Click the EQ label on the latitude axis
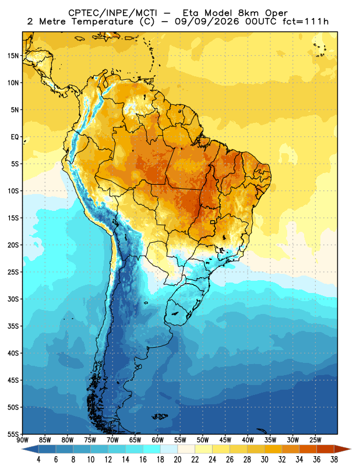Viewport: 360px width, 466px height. tap(15, 137)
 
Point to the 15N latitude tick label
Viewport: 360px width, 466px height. tap(13, 55)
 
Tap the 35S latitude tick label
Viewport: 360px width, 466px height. tap(13, 326)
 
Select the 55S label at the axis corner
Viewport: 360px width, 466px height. tap(13, 435)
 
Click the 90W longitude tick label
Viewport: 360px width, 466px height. tap(22, 440)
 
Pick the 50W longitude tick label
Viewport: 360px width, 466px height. tap(203, 440)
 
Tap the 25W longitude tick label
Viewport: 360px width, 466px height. tap(315, 440)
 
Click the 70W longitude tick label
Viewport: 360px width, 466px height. tap(112, 440)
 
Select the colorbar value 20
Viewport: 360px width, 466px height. tap(178, 460)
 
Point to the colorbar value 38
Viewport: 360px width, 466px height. tap(334, 460)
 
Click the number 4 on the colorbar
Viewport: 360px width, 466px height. tap(38, 460)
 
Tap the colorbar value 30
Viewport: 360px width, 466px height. tap(264, 460)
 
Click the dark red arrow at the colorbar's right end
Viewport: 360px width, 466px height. tap(343, 449)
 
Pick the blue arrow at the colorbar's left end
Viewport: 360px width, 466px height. tap(30, 449)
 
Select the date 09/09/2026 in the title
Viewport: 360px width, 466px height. tap(207, 22)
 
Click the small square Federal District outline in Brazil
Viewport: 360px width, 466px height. tap(213, 222)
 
